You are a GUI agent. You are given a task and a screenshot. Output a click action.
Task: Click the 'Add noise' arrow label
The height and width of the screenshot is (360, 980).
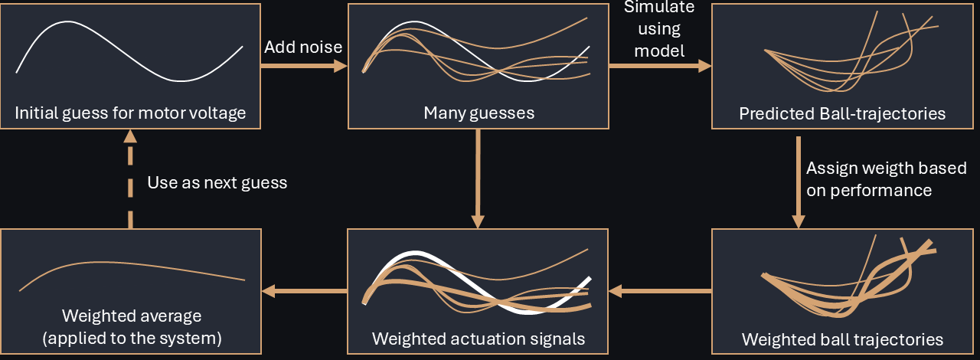pyautogui.click(x=303, y=47)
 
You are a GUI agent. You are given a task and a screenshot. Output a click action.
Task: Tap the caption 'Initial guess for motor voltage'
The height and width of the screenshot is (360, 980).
pyautogui.click(x=130, y=114)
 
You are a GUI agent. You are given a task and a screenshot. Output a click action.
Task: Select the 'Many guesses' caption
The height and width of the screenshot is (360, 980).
pyautogui.click(x=479, y=114)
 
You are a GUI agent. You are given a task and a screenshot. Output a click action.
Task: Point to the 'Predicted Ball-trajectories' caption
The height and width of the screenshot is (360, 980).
pyautogui.click(x=842, y=114)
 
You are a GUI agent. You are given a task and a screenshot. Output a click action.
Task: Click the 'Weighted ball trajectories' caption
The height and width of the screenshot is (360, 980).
pyautogui.click(x=842, y=339)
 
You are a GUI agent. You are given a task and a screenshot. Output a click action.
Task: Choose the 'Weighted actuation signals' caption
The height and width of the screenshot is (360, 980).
pyautogui.click(x=479, y=339)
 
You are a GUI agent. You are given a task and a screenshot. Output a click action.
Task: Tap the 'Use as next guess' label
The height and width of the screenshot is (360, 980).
pyautogui.click(x=217, y=182)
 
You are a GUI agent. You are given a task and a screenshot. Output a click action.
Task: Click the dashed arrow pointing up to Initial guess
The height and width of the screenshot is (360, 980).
pyautogui.click(x=130, y=180)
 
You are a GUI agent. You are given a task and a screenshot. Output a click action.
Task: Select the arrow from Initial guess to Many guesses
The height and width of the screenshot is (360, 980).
pyautogui.click(x=303, y=67)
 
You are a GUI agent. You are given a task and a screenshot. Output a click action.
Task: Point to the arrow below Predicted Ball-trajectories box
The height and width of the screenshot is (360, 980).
pyautogui.click(x=798, y=182)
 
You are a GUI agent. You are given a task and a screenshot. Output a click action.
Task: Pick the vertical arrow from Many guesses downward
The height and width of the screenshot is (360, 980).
pyautogui.click(x=478, y=178)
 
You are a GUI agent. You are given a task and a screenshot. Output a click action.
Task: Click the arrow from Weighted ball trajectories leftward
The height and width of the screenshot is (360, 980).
pyautogui.click(x=660, y=290)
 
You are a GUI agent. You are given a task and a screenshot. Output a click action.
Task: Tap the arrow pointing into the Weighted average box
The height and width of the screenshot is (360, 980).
pyautogui.click(x=304, y=290)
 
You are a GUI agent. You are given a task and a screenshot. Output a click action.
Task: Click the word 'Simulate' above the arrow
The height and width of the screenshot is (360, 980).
pyautogui.click(x=659, y=8)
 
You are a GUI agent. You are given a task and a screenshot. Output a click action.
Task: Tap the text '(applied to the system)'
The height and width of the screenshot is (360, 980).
pyautogui.click(x=131, y=337)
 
